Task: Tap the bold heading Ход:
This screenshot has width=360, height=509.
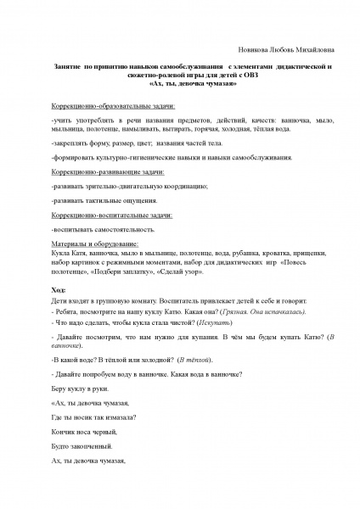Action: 60,291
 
